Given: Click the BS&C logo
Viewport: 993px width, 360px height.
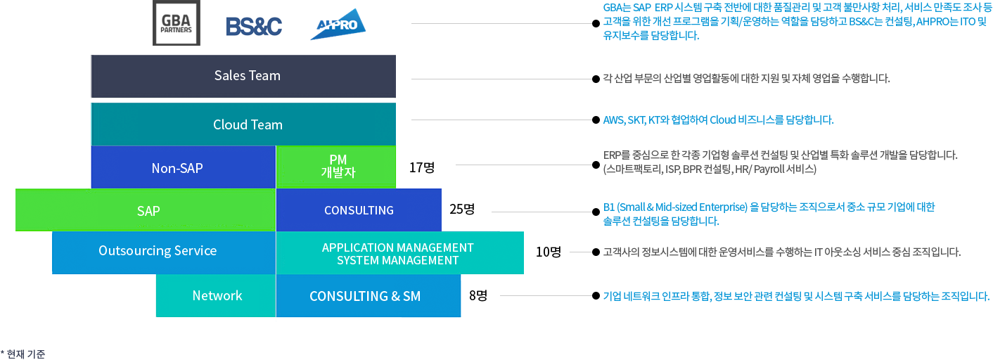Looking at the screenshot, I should (x=254, y=26).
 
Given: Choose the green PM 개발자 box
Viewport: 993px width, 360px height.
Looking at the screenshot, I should (x=337, y=167).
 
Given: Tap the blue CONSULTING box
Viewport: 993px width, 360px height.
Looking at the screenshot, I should (x=359, y=210).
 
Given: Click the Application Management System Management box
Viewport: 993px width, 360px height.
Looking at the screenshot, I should (x=399, y=253).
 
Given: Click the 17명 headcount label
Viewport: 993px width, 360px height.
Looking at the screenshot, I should (x=422, y=167).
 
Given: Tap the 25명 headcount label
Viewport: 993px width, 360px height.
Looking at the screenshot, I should (x=462, y=209).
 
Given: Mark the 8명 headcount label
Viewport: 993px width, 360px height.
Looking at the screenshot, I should (x=478, y=295).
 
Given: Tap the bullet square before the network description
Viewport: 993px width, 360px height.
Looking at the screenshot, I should (x=596, y=296).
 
